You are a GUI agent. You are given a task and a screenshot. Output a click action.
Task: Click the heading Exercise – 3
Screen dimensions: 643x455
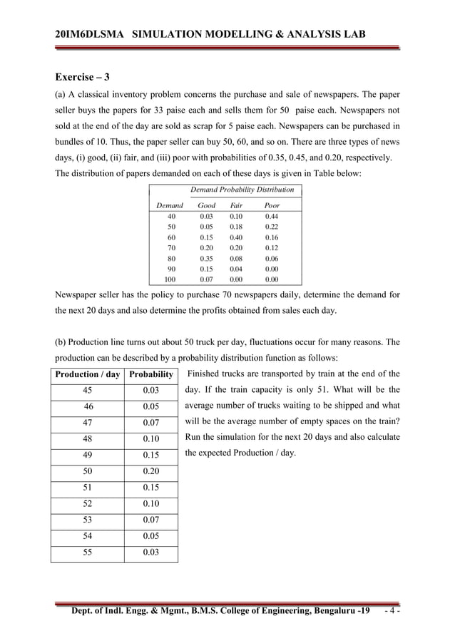tap(82, 76)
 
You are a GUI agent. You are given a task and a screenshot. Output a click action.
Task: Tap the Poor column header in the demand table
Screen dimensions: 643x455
tap(272, 205)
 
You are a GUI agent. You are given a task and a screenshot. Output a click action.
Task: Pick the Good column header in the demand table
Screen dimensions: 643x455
tap(206, 205)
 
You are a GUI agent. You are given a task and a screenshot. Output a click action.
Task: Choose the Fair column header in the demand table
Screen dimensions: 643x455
tap(236, 205)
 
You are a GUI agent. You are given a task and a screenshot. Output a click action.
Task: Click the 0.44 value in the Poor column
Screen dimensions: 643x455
tap(272, 216)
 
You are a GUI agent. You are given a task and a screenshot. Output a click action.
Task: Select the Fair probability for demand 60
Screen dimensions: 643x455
tap(236, 237)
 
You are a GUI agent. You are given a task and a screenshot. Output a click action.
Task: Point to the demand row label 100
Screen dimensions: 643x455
tap(170, 280)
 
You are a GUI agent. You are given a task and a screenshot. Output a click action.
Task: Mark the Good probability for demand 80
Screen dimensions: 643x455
tap(206, 259)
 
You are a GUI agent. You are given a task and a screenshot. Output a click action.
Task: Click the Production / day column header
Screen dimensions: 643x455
tap(87, 374)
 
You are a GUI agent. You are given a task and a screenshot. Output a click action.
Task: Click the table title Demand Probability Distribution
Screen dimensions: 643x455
tap(242, 190)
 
